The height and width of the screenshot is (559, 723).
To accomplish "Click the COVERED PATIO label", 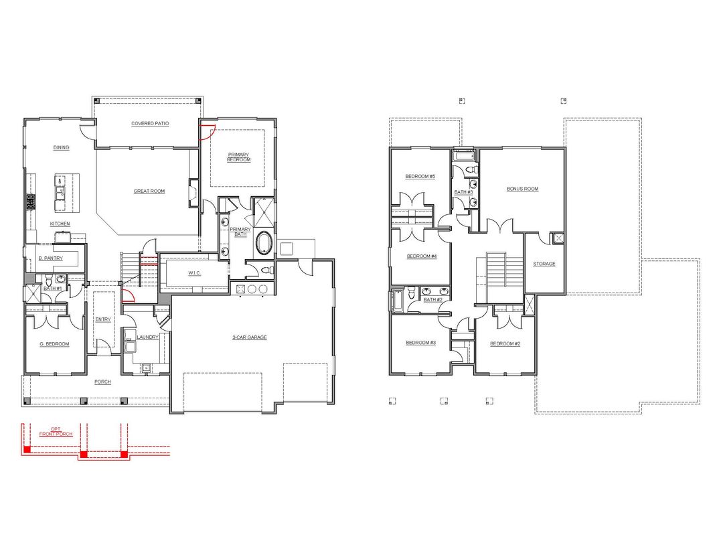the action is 150,124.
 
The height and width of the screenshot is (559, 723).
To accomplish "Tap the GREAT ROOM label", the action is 149,191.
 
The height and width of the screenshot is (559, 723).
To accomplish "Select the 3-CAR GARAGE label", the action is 250,337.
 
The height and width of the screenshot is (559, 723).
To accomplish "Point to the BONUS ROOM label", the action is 522,189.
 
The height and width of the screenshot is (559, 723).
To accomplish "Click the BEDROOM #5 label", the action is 420,176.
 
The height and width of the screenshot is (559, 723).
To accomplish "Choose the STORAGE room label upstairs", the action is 544,264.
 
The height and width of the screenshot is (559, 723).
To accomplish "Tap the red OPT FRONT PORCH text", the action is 56,432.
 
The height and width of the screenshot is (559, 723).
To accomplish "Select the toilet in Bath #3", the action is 472,170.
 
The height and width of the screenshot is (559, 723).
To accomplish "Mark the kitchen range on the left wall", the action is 31,202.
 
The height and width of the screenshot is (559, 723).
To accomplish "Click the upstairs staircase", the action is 497,277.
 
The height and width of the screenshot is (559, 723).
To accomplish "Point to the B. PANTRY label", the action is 51,258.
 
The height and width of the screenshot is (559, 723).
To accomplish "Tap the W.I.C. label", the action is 195,273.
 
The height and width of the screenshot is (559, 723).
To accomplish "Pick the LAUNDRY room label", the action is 147,337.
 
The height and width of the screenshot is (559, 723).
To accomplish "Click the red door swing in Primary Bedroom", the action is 206,132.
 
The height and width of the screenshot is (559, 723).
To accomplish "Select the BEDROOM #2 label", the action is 505,343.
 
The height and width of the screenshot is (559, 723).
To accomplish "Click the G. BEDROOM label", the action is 54,344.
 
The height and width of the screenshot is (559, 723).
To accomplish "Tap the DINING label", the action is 62,147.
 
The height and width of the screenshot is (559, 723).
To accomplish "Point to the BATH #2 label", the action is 433,300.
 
